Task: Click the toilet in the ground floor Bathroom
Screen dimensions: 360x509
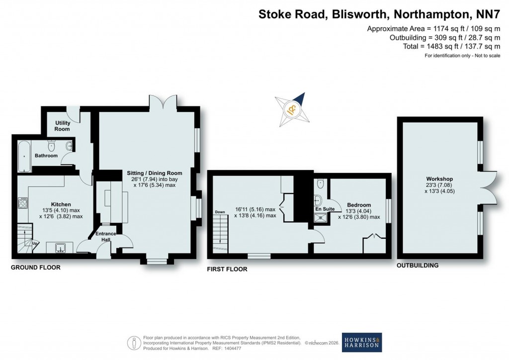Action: (x=51, y=146)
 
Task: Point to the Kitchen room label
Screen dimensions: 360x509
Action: (x=61, y=204)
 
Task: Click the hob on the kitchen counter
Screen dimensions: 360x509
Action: (x=23, y=202)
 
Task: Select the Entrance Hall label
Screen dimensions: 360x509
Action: (x=106, y=237)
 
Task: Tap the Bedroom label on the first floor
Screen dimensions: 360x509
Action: (x=359, y=205)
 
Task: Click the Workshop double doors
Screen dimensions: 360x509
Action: (x=489, y=187)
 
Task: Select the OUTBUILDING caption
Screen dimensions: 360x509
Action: (x=418, y=266)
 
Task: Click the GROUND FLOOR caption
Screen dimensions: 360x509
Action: (x=36, y=268)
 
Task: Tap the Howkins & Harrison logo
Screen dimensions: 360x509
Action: (x=362, y=343)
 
